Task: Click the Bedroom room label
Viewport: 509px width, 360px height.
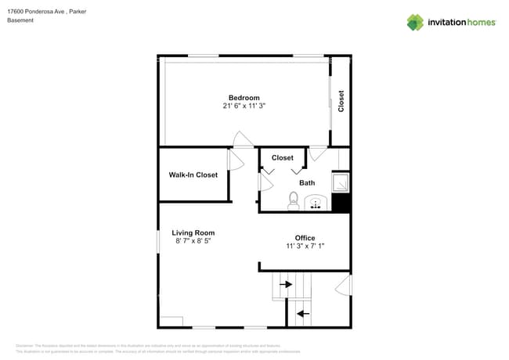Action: click(244, 98)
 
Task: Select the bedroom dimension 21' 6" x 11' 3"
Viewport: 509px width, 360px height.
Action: click(244, 106)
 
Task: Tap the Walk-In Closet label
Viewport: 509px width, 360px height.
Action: click(193, 175)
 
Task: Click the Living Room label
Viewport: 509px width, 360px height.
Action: click(193, 232)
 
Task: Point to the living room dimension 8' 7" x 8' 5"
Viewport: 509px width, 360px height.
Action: click(193, 241)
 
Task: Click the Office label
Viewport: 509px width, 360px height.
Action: click(305, 238)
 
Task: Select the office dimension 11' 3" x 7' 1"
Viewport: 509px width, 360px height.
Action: click(305, 246)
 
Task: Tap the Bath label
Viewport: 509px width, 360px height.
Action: click(307, 183)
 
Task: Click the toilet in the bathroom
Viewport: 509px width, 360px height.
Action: click(294, 202)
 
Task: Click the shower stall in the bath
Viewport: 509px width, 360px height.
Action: click(341, 182)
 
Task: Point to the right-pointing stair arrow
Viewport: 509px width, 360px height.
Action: click(286, 285)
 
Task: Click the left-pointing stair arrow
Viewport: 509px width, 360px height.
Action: click(301, 314)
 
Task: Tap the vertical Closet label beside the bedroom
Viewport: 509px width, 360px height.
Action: click(341, 101)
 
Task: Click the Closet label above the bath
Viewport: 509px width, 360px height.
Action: click(283, 158)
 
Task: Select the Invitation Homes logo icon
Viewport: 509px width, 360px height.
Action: click(415, 22)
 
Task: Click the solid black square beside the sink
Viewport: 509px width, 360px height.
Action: click(341, 203)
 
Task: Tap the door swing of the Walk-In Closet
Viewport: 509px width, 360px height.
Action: click(233, 160)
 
